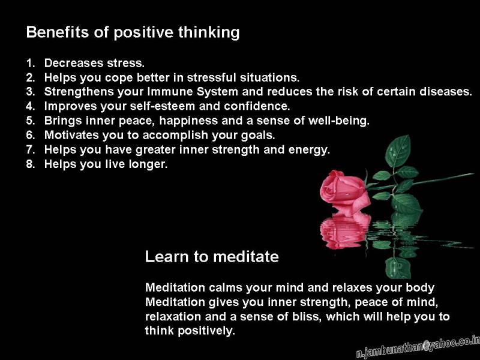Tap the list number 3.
pos(31,92)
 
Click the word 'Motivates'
pos(71,135)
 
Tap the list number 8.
pos(31,164)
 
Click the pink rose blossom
pos(344,192)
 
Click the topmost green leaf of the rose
pos(398,151)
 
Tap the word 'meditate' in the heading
pos(246,257)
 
